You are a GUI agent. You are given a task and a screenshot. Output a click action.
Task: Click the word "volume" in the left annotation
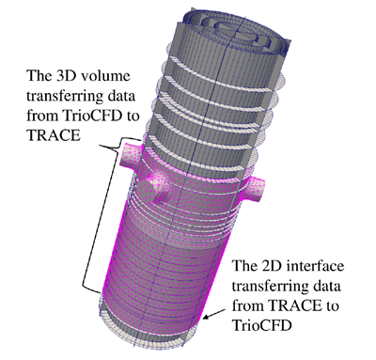coord(105,76)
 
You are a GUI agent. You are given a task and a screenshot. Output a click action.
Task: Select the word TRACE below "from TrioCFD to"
coord(54,135)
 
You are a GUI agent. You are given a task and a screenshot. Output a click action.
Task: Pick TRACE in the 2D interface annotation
coord(295,305)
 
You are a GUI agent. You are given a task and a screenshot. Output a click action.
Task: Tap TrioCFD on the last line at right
coord(263,325)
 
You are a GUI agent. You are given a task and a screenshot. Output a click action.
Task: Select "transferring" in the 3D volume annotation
coord(65,97)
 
